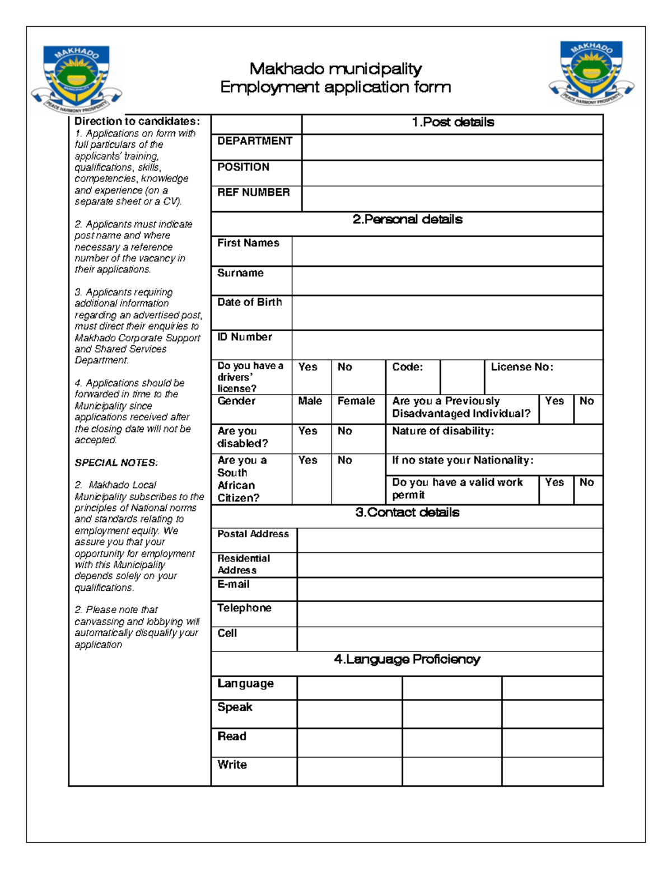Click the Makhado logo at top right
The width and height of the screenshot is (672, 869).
tap(592, 74)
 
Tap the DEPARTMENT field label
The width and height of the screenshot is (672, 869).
tap(255, 141)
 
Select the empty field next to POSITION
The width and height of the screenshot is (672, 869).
tap(452, 173)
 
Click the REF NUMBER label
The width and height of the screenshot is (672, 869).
tap(254, 192)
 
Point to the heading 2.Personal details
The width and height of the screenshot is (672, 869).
tap(407, 219)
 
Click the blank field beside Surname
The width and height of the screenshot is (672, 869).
tap(447, 280)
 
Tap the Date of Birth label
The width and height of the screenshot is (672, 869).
tap(250, 302)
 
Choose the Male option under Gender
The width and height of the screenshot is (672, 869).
tap(310, 401)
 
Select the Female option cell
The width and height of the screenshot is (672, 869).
tap(356, 401)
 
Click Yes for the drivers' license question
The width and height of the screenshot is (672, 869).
tap(308, 367)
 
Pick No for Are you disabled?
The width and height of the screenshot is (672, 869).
tap(345, 431)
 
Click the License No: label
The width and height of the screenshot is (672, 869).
tap(522, 367)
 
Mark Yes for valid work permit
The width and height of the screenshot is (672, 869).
tap(554, 482)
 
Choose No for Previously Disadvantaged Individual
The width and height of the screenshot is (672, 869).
tap(586, 401)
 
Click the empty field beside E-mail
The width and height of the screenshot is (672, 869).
tap(450, 589)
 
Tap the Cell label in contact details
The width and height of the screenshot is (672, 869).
tap(227, 633)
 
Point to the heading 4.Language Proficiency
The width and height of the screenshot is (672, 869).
tap(407, 660)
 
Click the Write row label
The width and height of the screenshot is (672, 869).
tap(232, 765)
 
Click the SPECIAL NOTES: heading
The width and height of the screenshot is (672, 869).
tap(116, 463)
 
